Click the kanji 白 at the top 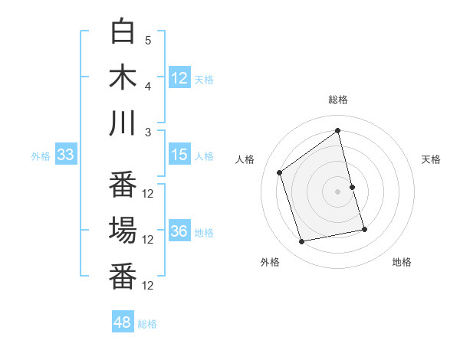123,32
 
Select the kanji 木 123,78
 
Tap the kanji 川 123,124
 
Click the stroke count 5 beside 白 148,40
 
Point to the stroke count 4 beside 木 148,86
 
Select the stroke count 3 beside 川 148,132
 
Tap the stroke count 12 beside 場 148,239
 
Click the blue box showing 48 123,322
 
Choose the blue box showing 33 65,155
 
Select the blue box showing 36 179,232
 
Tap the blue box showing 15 179,155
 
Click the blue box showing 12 179,78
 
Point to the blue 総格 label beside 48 147,324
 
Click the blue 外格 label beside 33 41,156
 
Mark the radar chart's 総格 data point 338,130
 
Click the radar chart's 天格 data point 352,186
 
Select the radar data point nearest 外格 302,241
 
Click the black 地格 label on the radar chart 402,262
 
